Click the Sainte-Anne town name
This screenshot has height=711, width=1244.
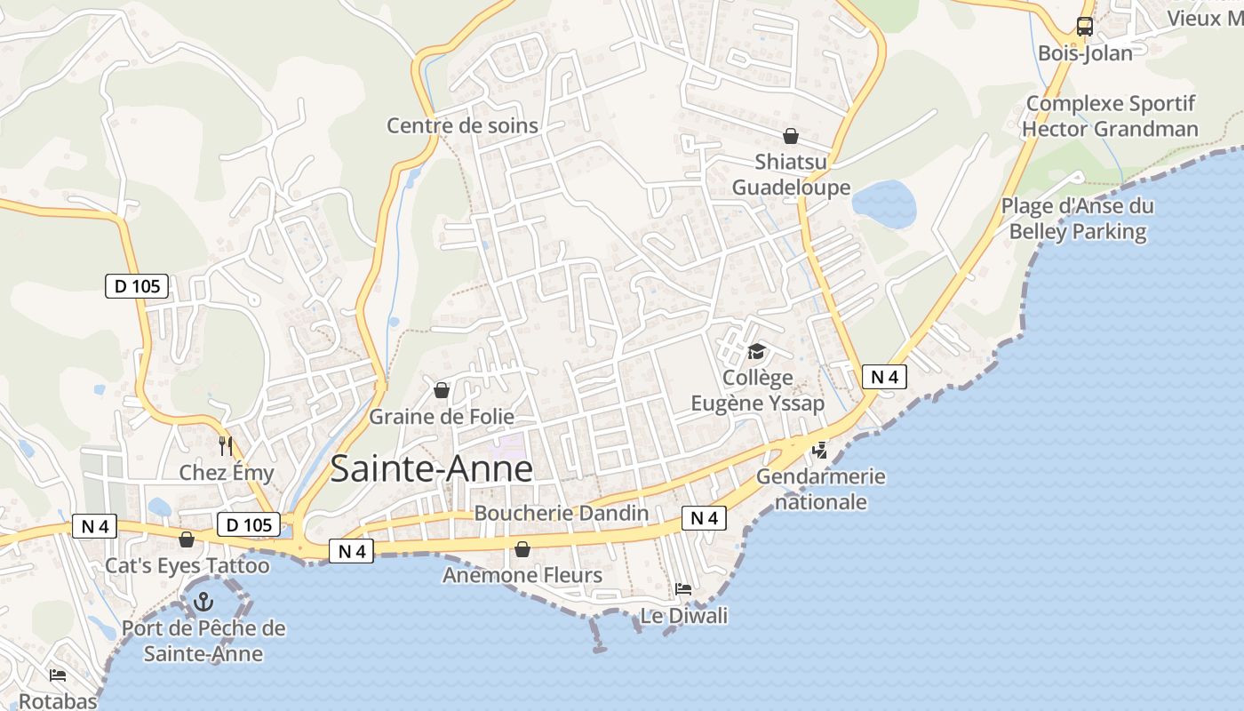[x=431, y=469]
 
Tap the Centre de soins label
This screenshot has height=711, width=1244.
[x=462, y=125]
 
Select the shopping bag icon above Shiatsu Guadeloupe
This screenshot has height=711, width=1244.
[x=790, y=136]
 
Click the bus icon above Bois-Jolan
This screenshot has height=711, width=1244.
[x=1084, y=27]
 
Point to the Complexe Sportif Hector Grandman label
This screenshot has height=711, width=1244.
[x=1110, y=116]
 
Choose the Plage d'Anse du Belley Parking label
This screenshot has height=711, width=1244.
[x=1078, y=219]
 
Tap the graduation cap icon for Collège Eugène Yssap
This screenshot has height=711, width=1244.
[x=756, y=352]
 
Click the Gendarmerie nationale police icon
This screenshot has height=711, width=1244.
[x=819, y=451]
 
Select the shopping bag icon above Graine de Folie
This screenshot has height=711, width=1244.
[x=441, y=389]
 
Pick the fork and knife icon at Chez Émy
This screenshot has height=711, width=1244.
[x=226, y=445]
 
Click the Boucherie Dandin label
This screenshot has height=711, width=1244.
[x=561, y=513]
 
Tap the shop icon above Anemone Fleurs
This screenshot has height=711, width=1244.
[x=522, y=549]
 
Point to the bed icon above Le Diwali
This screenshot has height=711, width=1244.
[x=683, y=589]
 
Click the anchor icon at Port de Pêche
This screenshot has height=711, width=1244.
[x=203, y=602]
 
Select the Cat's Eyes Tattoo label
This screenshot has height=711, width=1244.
[x=187, y=565]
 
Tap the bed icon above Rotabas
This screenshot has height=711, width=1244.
[x=58, y=675]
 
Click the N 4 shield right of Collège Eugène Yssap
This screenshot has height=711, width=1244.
[x=884, y=377]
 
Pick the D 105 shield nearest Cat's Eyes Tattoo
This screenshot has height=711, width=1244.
[x=249, y=524]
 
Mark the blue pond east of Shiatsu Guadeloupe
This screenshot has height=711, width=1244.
[x=883, y=204]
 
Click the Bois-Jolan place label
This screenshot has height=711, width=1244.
[x=1085, y=53]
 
